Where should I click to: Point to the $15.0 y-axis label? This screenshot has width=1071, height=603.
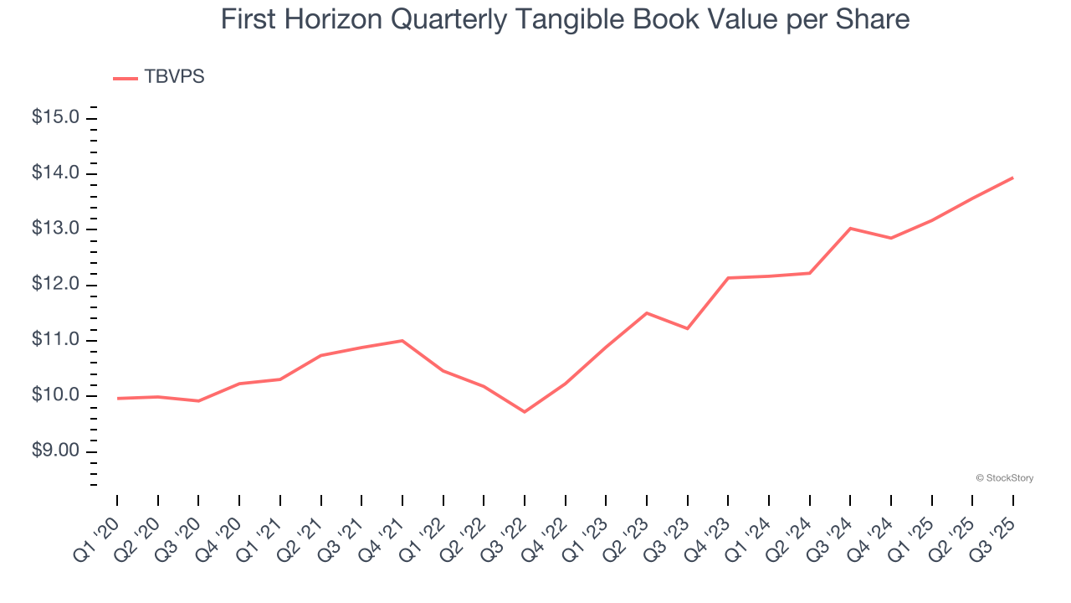[55, 117]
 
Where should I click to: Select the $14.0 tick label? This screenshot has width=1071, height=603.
[55, 173]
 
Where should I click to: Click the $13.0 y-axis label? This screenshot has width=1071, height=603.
[55, 229]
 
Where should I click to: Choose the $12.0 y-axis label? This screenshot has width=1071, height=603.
[55, 285]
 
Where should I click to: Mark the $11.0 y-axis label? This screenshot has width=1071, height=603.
[55, 340]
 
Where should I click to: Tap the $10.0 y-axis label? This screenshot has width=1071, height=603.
[55, 395]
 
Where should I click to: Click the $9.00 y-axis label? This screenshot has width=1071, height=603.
[55, 451]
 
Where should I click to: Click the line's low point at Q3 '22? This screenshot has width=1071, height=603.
[525, 412]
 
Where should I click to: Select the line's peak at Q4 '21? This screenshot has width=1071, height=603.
[402, 341]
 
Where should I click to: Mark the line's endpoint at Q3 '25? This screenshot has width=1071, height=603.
[1013, 178]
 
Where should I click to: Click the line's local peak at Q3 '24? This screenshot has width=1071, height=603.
[850, 228]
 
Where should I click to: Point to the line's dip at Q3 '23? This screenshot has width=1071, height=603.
[687, 328]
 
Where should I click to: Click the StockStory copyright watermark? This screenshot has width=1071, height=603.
[1004, 478]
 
